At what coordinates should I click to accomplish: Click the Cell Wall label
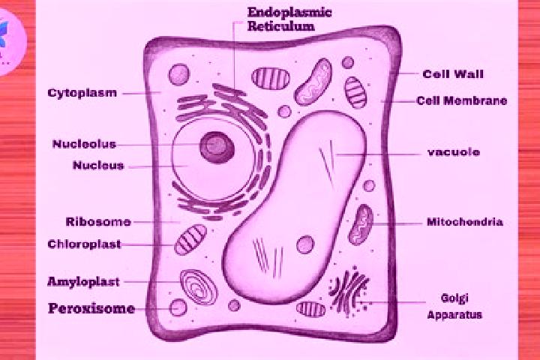pyautogui.click(x=453, y=73)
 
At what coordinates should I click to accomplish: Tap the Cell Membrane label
pyautogui.click(x=461, y=100)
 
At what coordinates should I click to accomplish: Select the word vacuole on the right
pyautogui.click(x=454, y=152)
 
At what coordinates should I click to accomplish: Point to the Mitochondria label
pyautogui.click(x=465, y=221)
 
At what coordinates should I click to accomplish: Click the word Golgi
pyautogui.click(x=454, y=298)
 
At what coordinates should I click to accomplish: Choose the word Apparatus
pyautogui.click(x=454, y=314)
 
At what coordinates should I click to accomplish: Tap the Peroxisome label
pyautogui.click(x=91, y=308)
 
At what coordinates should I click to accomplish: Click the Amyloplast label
pyautogui.click(x=83, y=282)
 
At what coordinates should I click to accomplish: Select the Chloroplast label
pyautogui.click(x=84, y=244)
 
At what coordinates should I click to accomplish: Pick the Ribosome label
pyautogui.click(x=98, y=221)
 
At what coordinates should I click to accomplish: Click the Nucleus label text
pyautogui.click(x=98, y=165)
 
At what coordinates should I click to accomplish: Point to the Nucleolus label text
pyautogui.click(x=84, y=144)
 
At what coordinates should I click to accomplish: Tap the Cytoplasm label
pyautogui.click(x=82, y=93)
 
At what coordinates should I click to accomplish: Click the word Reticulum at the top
pyautogui.click(x=281, y=26)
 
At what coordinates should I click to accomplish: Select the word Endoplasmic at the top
pyautogui.click(x=289, y=13)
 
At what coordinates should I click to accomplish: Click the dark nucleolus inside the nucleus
pyautogui.click(x=217, y=148)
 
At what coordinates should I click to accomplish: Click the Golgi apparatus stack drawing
pyautogui.click(x=349, y=292)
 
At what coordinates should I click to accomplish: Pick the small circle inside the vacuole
pyautogui.click(x=305, y=244)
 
